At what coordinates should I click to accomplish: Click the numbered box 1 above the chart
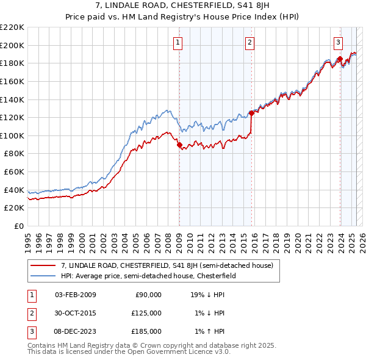point(178,42)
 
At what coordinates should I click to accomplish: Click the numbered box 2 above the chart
point(250,42)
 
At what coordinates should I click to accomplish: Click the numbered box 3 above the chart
point(338,42)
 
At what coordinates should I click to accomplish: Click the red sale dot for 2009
point(179,145)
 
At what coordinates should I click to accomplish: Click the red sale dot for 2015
point(251,113)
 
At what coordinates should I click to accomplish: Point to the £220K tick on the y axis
point(12,27)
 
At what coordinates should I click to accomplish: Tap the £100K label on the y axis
point(12,135)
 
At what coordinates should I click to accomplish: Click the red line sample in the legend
point(42,265)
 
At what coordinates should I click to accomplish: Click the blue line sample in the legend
point(42,275)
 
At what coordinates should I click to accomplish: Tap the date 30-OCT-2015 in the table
point(76,313)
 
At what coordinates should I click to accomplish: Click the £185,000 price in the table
point(146,331)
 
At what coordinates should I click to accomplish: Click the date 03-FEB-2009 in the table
point(76,295)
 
